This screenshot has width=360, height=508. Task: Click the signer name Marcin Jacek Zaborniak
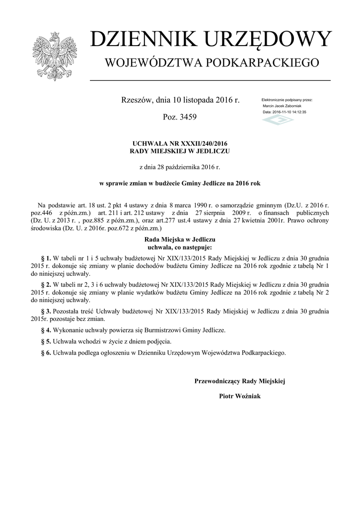click(x=282, y=106)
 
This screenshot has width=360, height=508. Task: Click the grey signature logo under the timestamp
click(x=278, y=120)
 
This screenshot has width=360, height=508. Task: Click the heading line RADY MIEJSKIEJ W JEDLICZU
click(x=180, y=150)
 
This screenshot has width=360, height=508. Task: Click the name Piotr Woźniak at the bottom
click(x=239, y=396)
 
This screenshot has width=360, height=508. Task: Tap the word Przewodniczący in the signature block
click(x=217, y=381)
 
